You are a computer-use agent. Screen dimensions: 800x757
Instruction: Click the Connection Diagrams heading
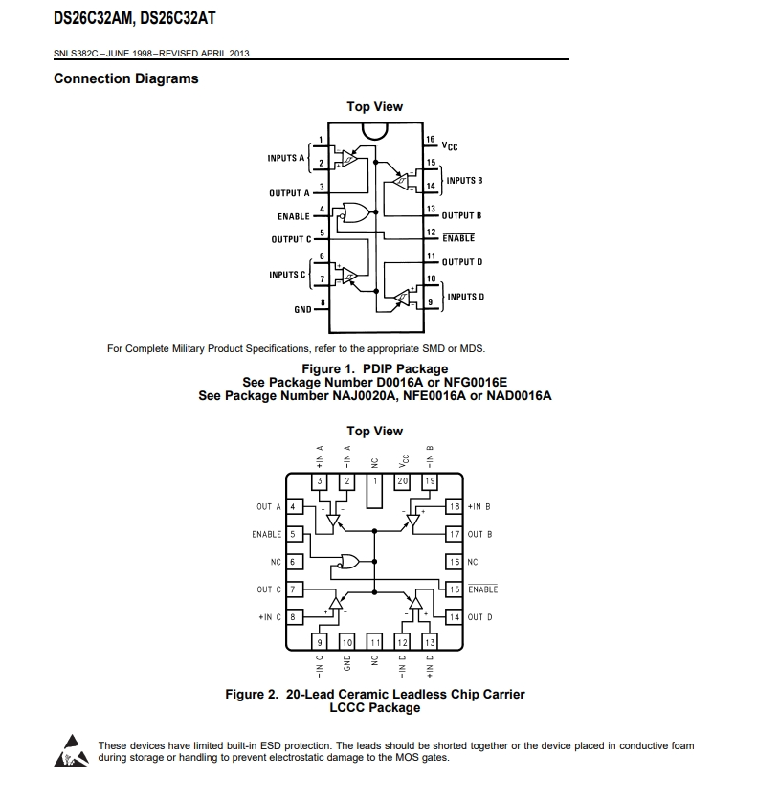pos(126,78)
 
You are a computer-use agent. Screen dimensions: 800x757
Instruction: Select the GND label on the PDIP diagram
pos(302,310)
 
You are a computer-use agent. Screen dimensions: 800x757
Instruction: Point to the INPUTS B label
pos(464,181)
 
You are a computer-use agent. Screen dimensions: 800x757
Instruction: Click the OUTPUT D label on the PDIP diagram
pos(461,262)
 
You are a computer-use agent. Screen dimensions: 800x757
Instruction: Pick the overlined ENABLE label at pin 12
pos(458,238)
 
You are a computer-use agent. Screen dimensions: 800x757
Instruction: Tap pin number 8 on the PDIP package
pos(322,302)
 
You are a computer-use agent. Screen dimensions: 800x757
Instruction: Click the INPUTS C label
pos(287,275)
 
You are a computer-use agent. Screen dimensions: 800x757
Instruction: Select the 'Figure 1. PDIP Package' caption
pos(374,368)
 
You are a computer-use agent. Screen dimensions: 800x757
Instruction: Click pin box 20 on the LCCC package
pos(402,480)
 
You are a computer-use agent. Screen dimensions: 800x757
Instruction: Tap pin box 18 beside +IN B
pos(455,506)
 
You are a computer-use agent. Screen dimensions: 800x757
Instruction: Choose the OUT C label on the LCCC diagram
pos(269,589)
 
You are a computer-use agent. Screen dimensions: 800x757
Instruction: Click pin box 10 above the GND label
pos(347,641)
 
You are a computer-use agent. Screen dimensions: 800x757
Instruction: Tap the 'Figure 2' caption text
pos(374,694)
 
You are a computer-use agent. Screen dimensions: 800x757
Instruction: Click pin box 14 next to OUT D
pos(455,617)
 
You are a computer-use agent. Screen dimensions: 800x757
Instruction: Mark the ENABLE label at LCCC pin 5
pos(267,534)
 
